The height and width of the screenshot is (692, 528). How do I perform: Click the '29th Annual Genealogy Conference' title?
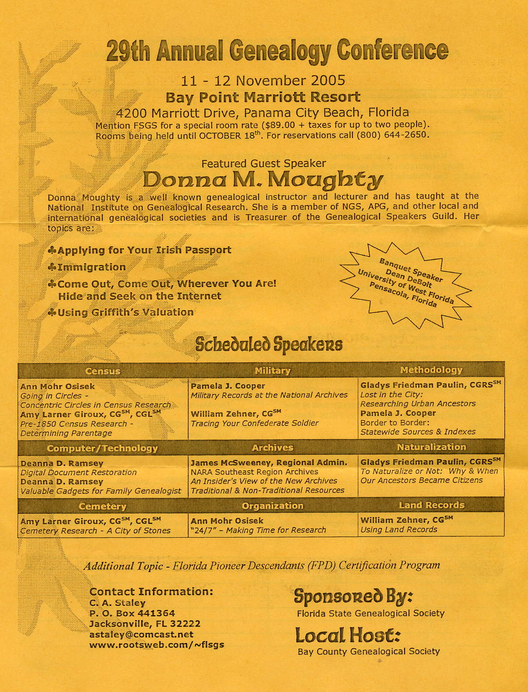click(277, 51)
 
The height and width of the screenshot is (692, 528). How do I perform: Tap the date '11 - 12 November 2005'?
click(263, 81)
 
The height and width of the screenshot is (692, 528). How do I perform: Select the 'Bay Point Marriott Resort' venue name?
click(263, 97)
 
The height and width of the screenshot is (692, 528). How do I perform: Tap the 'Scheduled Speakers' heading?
click(268, 344)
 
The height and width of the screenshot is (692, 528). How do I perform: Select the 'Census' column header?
click(103, 371)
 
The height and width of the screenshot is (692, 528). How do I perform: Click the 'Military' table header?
click(273, 371)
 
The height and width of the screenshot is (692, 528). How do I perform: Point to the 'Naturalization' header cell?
click(431, 447)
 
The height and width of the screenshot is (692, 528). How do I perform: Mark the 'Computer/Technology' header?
click(102, 448)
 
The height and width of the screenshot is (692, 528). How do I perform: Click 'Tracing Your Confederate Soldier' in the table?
click(254, 423)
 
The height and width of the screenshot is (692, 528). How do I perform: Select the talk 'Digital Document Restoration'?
click(78, 472)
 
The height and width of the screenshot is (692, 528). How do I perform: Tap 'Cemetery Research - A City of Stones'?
click(95, 531)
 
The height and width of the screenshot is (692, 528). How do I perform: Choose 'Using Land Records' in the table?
click(398, 529)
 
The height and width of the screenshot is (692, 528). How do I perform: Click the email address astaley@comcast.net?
click(141, 634)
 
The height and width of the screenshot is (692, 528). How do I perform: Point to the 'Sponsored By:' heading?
click(353, 596)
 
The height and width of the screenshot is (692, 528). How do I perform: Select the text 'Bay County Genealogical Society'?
click(368, 651)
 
